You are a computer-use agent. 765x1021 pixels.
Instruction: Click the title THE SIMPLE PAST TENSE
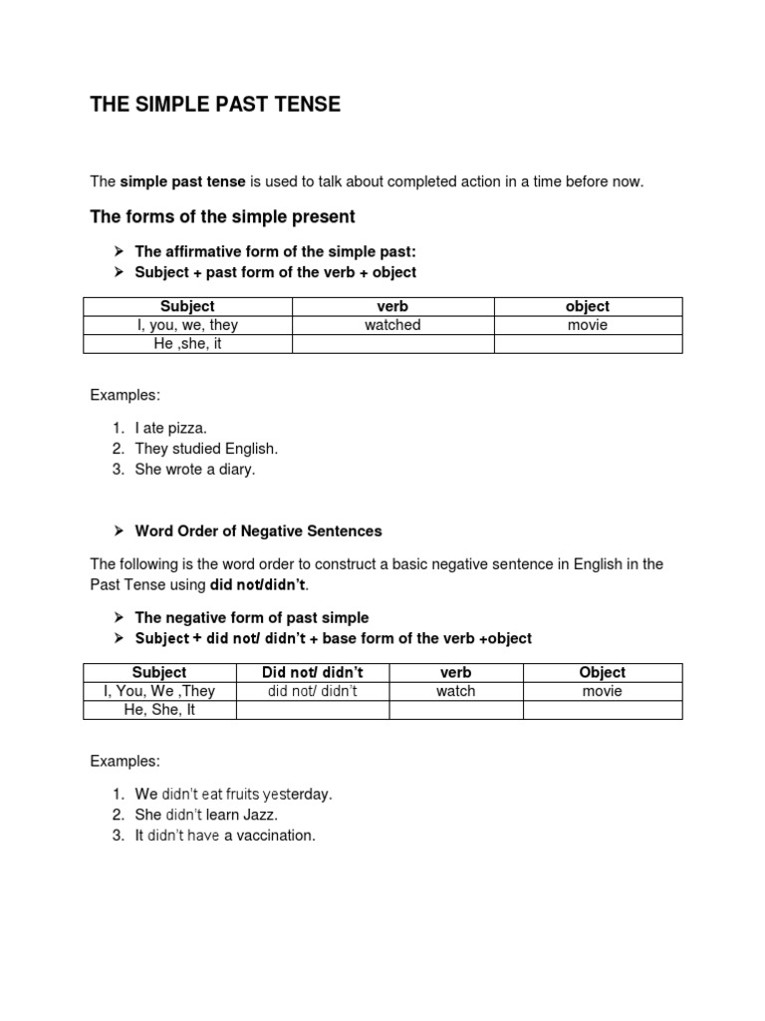(x=215, y=105)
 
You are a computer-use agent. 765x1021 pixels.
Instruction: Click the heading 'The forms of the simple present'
(x=222, y=216)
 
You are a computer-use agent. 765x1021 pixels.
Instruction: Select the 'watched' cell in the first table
(x=392, y=325)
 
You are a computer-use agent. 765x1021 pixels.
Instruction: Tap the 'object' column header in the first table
(x=588, y=306)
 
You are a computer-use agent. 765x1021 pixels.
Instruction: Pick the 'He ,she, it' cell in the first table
(x=187, y=344)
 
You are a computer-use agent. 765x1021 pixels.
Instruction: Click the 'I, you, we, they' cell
(x=187, y=325)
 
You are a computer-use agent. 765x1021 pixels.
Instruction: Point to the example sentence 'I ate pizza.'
(x=170, y=428)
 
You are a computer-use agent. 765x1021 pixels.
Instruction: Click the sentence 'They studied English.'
(x=206, y=449)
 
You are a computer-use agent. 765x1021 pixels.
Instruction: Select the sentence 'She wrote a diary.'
(x=195, y=470)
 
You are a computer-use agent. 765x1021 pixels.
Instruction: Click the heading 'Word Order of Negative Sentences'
(x=258, y=531)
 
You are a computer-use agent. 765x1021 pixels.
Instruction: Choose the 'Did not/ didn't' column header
(x=312, y=672)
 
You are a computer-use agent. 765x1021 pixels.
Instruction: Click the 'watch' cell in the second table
(x=455, y=691)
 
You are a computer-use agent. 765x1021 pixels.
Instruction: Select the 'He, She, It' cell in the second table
(x=159, y=710)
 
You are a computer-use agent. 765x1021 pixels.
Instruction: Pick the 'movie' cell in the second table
(x=603, y=691)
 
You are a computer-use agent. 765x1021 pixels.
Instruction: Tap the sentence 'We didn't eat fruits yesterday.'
(x=233, y=794)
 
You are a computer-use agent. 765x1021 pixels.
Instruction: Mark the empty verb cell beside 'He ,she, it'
(x=392, y=344)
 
